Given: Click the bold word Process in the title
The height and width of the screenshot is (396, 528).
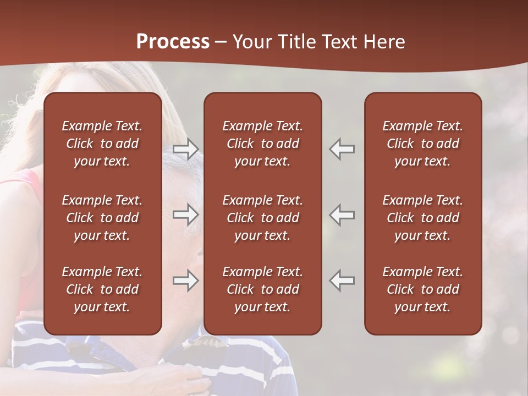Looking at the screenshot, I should tap(173, 42).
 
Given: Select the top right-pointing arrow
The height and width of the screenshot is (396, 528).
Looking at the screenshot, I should tap(185, 149).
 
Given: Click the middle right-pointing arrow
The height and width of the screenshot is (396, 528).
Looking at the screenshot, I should tap(185, 215).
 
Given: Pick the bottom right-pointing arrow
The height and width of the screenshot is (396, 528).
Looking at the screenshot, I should tap(185, 280).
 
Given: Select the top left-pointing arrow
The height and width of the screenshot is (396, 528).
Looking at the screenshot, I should tap(342, 149).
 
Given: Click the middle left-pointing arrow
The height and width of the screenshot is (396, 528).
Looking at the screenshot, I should tap(342, 215).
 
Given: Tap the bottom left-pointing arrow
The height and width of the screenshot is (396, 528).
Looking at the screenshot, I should tap(342, 280).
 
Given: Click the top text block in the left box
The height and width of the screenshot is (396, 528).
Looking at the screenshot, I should tap(102, 144).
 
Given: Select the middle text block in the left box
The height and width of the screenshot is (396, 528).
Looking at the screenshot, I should tap(102, 218).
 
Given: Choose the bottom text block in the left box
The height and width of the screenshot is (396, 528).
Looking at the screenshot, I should tap(102, 289).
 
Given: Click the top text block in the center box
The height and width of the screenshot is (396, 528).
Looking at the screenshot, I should tap(262, 144).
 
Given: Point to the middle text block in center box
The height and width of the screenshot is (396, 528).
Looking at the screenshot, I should tap(262, 218).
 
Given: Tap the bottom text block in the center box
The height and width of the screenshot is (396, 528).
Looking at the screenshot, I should tap(262, 289).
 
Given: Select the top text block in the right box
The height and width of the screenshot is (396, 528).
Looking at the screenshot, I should tap(422, 144).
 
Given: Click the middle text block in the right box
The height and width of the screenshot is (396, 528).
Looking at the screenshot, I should tap(422, 218).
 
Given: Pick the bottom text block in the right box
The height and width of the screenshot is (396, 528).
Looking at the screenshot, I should tap(422, 289).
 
